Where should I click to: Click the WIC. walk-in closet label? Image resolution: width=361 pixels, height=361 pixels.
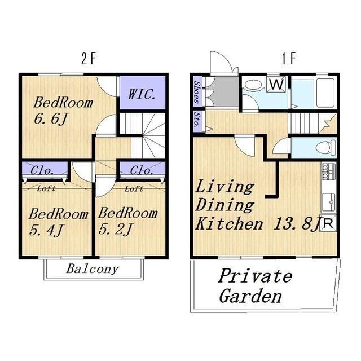point(142,94)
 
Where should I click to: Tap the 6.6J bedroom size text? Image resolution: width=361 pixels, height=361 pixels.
point(51,119)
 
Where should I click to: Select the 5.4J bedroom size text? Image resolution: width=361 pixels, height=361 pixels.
point(46,231)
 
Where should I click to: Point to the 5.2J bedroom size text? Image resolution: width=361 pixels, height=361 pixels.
point(115,230)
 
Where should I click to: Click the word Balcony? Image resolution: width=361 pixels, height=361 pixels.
point(93,269)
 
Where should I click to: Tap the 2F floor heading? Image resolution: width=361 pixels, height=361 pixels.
point(89,59)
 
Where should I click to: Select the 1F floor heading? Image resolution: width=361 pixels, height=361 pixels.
point(289,59)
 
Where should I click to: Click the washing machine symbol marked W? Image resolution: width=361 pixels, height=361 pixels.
point(276,84)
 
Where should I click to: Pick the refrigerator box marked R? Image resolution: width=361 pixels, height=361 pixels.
point(328,223)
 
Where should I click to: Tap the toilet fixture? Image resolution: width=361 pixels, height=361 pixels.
point(326,147)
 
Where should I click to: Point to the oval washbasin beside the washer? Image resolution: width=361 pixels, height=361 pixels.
point(253,85)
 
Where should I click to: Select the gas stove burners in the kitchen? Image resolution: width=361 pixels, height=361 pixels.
point(328,171)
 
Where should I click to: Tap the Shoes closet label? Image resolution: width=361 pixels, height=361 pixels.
point(196,92)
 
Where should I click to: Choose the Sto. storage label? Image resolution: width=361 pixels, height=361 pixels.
point(196,119)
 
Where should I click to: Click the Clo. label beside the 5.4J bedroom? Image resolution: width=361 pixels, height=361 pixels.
point(42,170)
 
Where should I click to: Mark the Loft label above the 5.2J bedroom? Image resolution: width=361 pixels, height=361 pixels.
point(134,190)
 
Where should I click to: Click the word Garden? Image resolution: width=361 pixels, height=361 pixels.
point(250,296)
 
